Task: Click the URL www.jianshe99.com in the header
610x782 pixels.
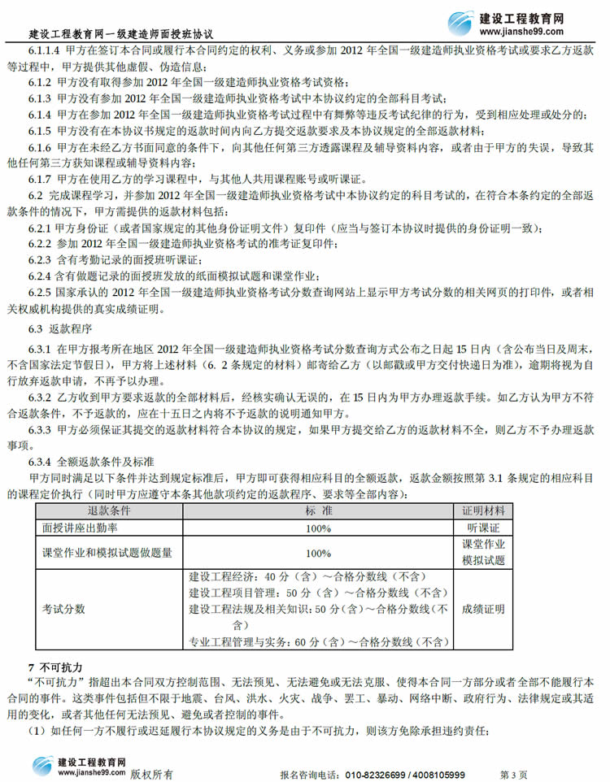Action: pos(533,32)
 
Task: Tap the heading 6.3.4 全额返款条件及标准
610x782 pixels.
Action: pos(86,461)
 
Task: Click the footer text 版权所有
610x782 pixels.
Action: pos(150,775)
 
